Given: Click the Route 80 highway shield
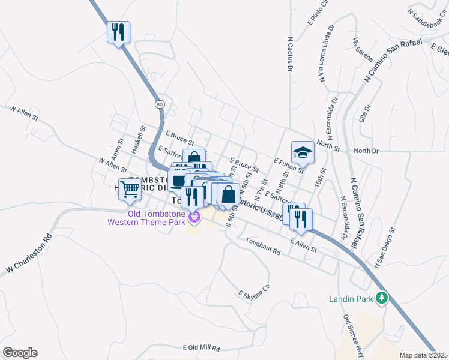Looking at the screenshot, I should (x=159, y=104).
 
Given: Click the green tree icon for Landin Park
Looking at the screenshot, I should (x=381, y=298).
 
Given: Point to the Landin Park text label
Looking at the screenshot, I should (x=351, y=298).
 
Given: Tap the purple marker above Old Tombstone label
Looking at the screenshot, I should (x=193, y=216).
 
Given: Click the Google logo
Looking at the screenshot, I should (x=20, y=353).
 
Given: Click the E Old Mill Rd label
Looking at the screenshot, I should (x=201, y=348).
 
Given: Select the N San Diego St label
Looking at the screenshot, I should (x=385, y=247).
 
